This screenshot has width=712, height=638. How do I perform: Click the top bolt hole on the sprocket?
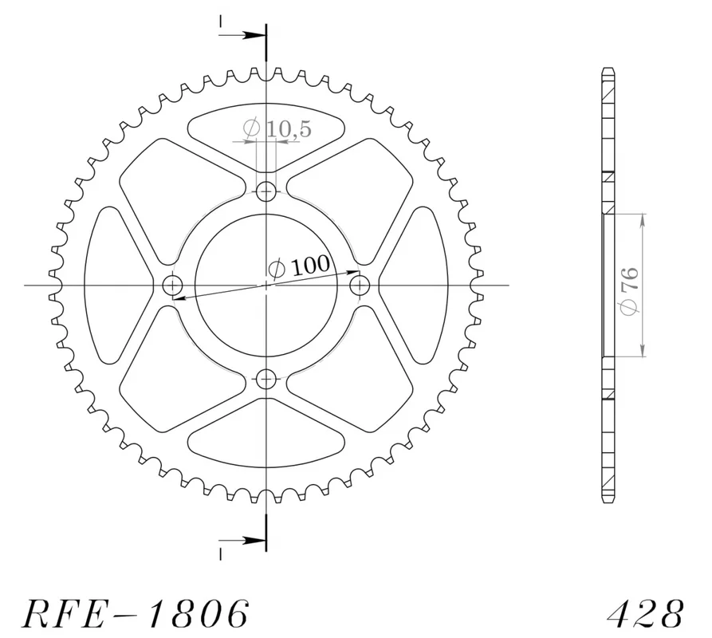(266, 191)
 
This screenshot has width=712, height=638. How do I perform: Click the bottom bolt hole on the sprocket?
(266, 379)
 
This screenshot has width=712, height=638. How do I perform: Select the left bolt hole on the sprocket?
(172, 286)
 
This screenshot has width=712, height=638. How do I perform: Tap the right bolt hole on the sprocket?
(360, 286)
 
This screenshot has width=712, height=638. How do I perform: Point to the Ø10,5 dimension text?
(277, 128)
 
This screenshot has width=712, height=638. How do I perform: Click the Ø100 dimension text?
(299, 266)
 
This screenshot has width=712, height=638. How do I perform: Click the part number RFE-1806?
(136, 614)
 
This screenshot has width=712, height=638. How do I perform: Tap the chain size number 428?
(645, 614)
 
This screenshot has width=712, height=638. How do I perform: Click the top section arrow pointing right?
(242, 35)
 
